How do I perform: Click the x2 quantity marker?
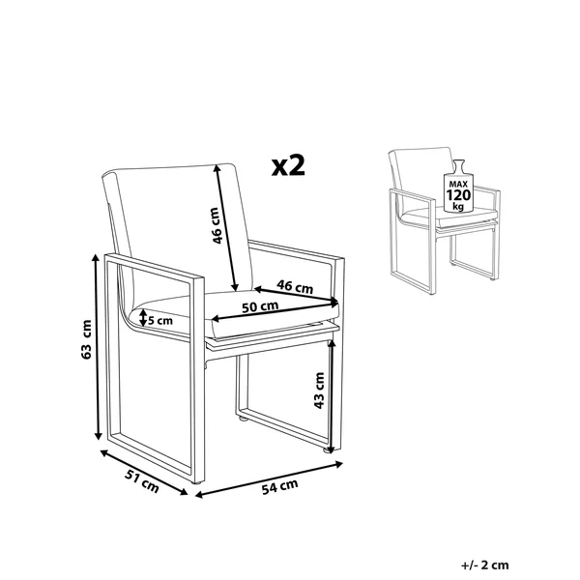288,165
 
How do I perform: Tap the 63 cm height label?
86,339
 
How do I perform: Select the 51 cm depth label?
142,480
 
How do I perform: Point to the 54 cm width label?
279,487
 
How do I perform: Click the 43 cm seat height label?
319,391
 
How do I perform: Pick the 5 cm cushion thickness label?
160,320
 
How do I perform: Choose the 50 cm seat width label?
260,306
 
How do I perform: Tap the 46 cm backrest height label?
217,225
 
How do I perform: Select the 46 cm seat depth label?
295,286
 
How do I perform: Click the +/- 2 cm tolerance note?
485,565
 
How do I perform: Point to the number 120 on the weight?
458,195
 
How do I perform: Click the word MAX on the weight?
458,184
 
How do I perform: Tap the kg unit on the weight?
458,207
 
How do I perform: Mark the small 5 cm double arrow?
143,318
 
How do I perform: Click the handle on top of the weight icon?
458,165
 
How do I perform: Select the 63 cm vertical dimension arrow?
97,347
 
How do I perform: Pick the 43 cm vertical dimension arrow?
332,395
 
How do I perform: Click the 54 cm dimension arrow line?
269,479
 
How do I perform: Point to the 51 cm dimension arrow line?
144,472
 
